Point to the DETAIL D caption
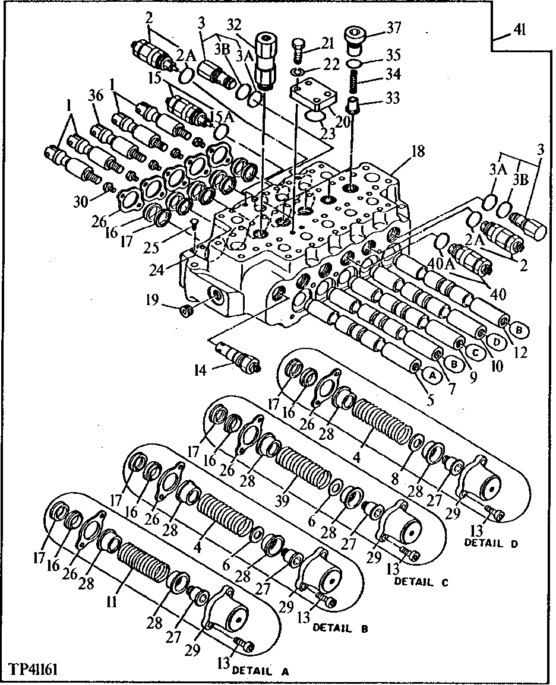(x=492, y=542)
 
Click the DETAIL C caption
(x=422, y=582)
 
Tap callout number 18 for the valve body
(x=418, y=151)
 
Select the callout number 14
(x=201, y=371)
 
